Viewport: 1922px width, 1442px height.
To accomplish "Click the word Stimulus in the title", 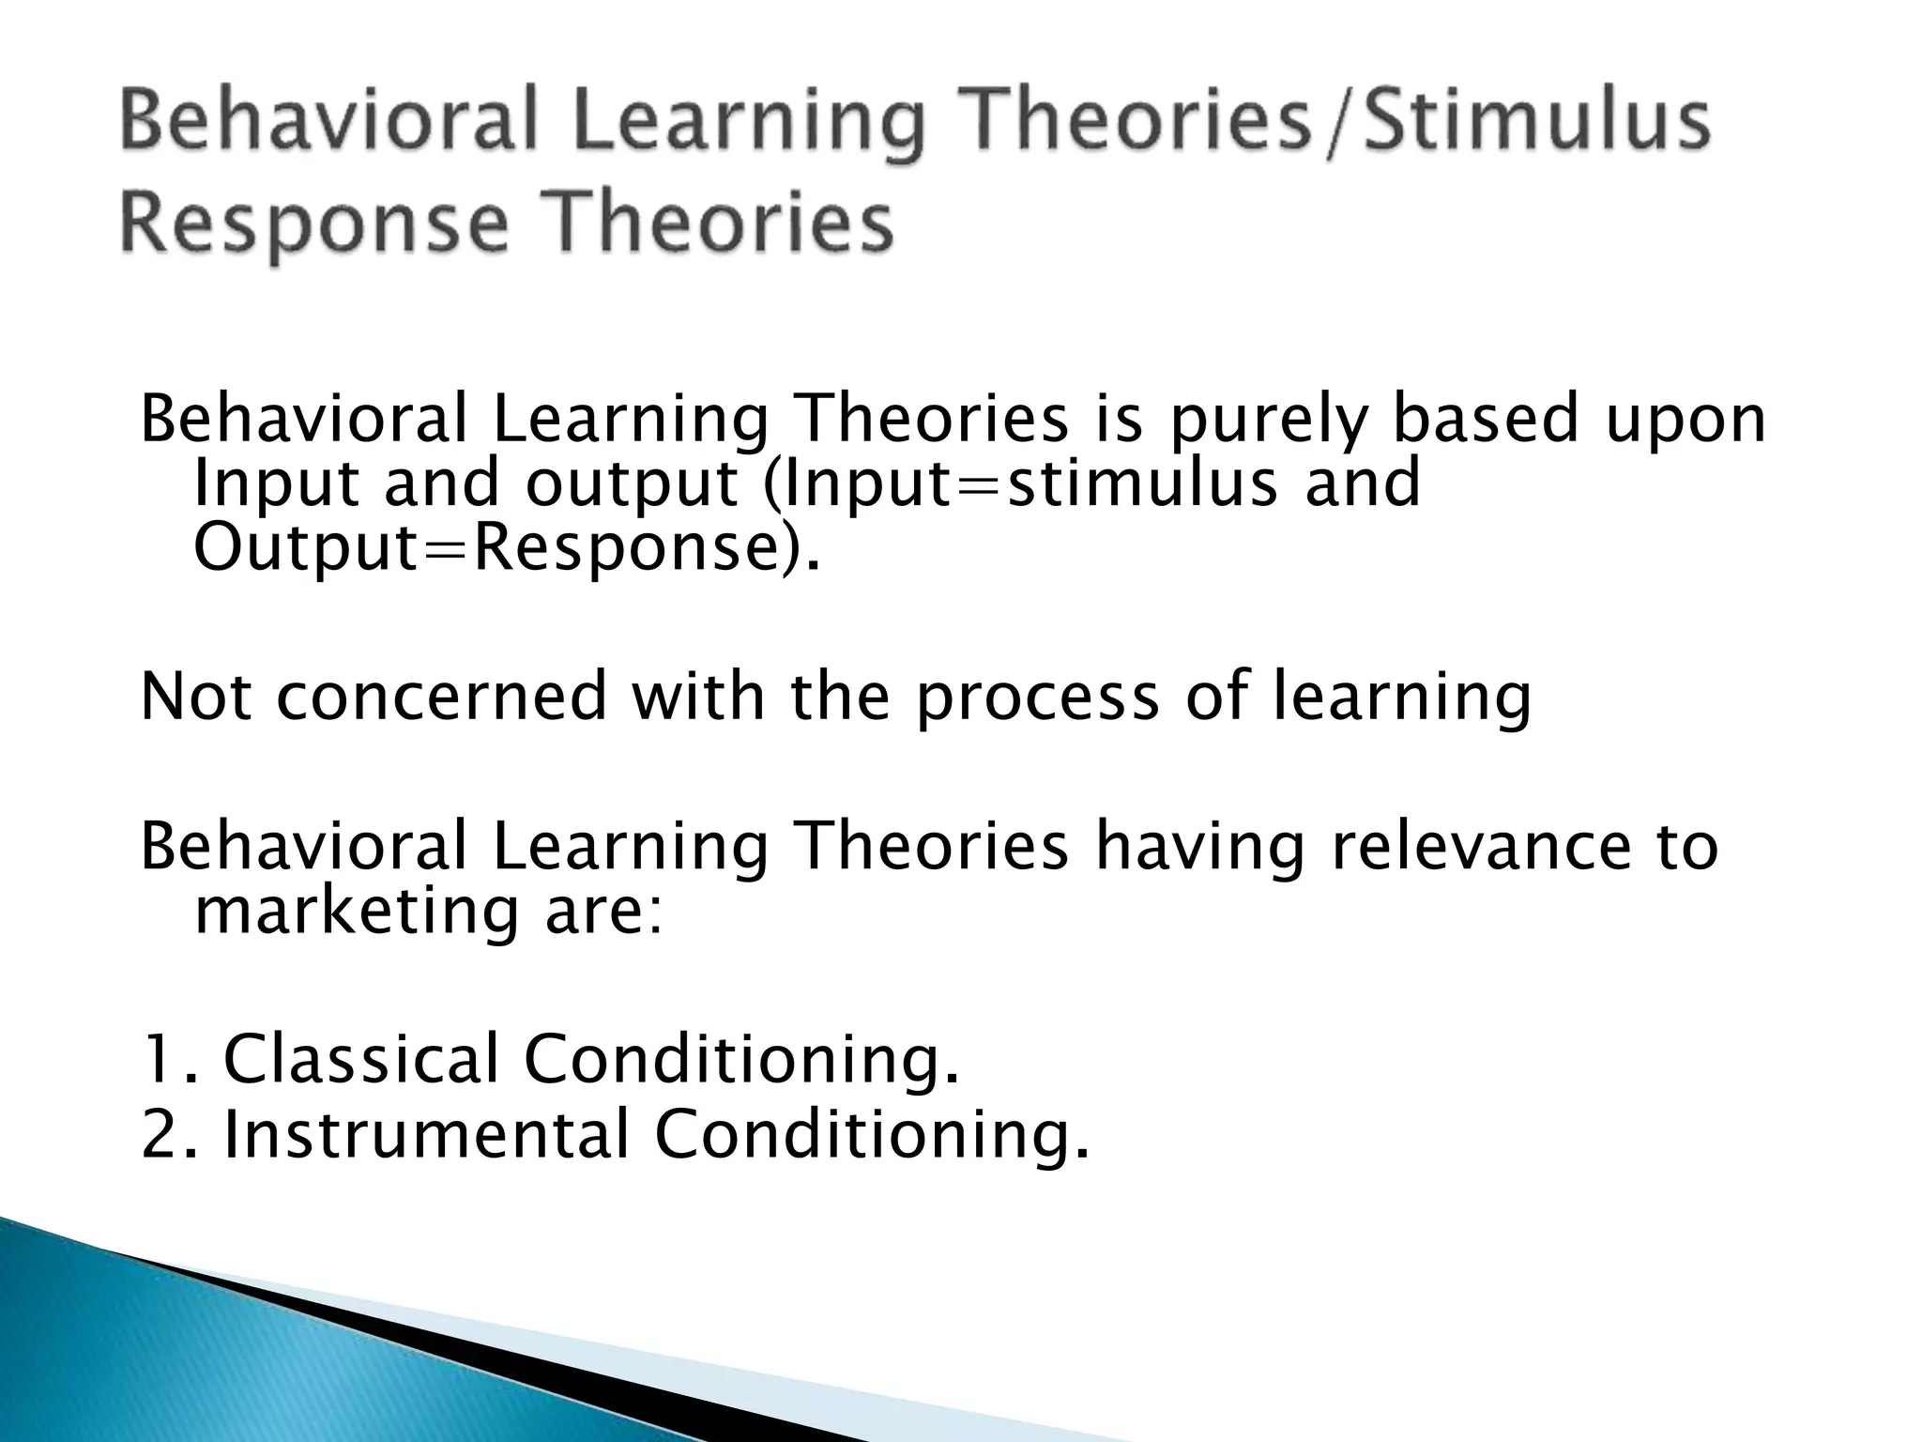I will tap(1537, 122).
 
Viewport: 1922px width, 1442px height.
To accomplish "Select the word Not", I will tap(196, 696).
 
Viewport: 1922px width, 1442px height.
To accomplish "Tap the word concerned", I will tap(442, 696).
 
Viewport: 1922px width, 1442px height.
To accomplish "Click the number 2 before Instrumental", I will tap(157, 1135).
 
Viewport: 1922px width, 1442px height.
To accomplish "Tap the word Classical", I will tap(360, 1059).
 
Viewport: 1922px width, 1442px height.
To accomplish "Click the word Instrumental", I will tap(426, 1134).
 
